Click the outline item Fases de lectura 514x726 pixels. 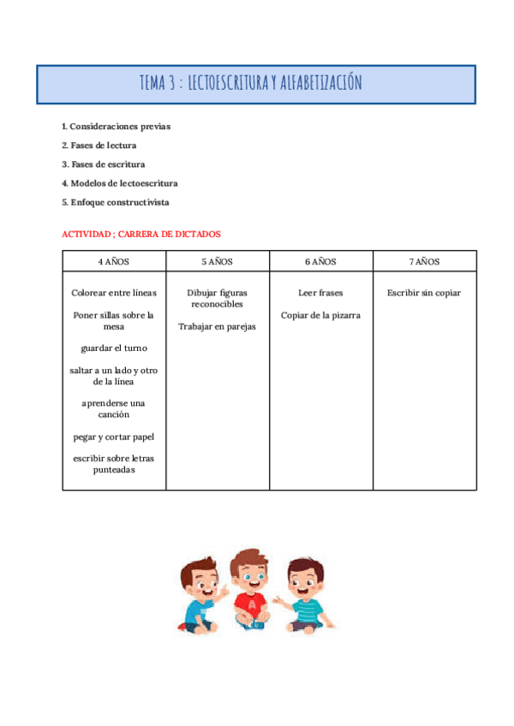pos(99,145)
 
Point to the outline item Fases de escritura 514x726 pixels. pos(103,164)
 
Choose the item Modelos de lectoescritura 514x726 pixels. pos(119,182)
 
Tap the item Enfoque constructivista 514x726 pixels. pos(115,202)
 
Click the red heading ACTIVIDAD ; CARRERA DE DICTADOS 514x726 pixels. pos(141,234)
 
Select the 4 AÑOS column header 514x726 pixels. pos(114,261)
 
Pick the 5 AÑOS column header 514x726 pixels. pos(218,261)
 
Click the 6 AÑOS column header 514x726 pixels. pos(320,261)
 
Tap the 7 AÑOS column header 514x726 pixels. pos(424,261)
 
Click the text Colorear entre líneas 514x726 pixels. pos(114,293)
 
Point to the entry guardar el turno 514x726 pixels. pos(114,348)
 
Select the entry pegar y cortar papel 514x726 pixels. pos(114,437)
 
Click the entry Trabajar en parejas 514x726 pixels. pos(218,326)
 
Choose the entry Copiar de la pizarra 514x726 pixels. pos(320,315)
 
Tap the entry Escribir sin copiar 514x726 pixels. pos(424,293)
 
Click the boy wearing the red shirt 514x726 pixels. pos(251,591)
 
